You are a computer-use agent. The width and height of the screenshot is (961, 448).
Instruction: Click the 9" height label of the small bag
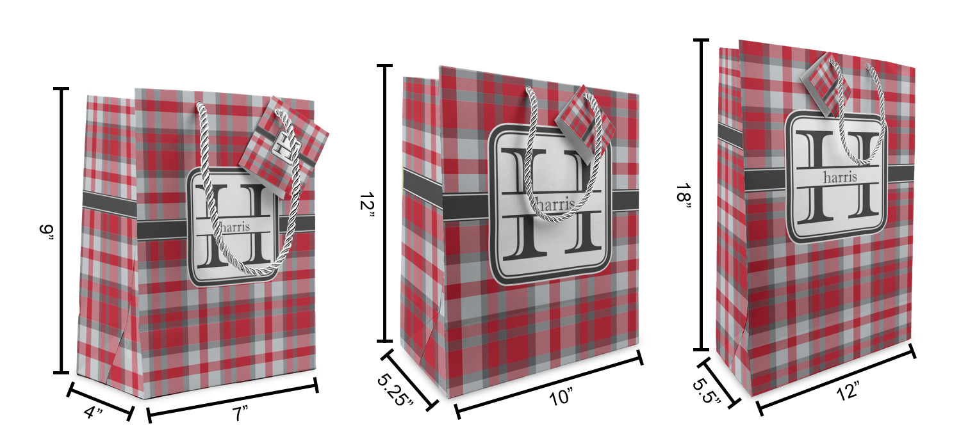(x=46, y=235)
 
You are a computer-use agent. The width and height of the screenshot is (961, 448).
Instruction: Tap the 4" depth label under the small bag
(x=94, y=412)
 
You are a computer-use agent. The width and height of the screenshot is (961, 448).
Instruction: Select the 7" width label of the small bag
(x=240, y=413)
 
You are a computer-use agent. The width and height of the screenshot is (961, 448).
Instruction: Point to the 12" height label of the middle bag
(x=367, y=206)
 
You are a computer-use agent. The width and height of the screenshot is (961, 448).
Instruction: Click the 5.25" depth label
(x=395, y=389)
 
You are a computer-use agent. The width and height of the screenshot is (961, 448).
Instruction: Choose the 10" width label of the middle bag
(x=561, y=397)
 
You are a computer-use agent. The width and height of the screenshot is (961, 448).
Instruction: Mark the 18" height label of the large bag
(x=684, y=198)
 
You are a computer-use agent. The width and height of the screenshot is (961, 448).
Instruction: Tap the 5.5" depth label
(x=706, y=391)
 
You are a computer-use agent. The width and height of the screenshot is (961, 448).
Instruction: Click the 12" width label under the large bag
(x=848, y=391)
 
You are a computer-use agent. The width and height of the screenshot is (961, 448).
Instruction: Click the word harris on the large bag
(x=840, y=177)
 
